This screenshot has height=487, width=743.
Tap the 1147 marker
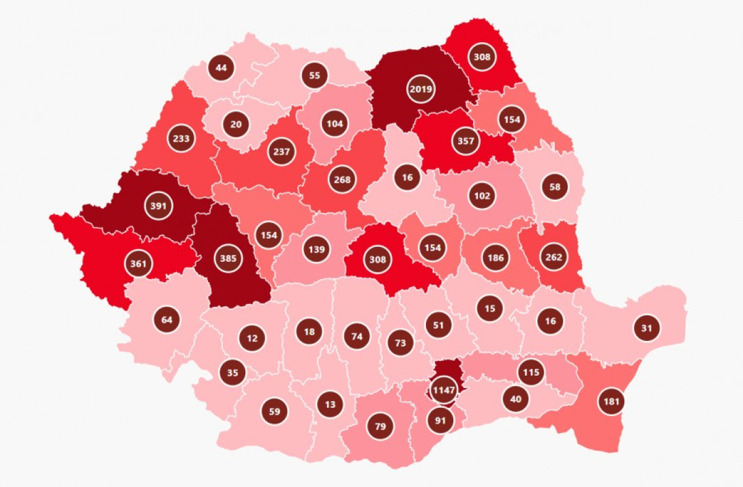444,390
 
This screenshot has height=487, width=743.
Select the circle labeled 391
159,206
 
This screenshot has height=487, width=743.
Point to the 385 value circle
228,259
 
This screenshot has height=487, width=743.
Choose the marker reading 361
139,263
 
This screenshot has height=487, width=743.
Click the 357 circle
466,140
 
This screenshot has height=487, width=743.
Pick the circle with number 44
221,67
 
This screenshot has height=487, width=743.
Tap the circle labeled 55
315,75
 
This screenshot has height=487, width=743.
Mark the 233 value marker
181,139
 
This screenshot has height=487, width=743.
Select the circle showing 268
342,180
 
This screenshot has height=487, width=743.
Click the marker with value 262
554,257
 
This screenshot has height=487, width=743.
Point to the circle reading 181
612,402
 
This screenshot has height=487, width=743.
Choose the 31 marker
646,328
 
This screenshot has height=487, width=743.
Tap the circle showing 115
531,373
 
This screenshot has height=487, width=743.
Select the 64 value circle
167,320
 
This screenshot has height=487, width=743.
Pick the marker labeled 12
252,338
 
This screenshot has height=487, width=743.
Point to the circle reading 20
236,124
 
